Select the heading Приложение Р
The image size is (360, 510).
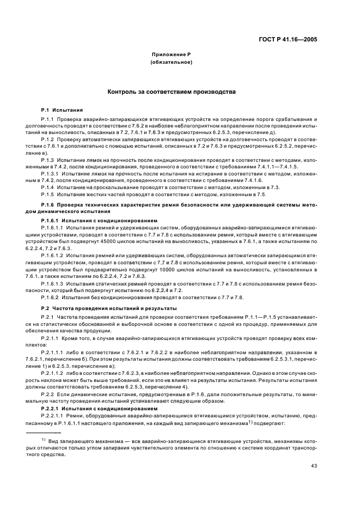point(172,55)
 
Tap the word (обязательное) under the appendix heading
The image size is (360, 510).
point(172,63)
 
